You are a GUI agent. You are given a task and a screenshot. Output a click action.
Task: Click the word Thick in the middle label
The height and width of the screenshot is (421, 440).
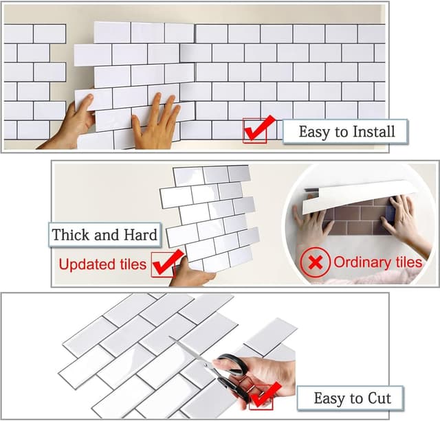71,234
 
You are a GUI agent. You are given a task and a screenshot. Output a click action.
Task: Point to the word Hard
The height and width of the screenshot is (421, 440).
140,234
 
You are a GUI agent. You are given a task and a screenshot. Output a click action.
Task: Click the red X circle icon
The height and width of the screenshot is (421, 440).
315,262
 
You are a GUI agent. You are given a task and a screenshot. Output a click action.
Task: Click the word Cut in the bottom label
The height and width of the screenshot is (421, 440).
379,398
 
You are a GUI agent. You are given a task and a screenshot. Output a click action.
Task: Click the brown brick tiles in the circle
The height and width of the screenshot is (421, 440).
356,220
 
